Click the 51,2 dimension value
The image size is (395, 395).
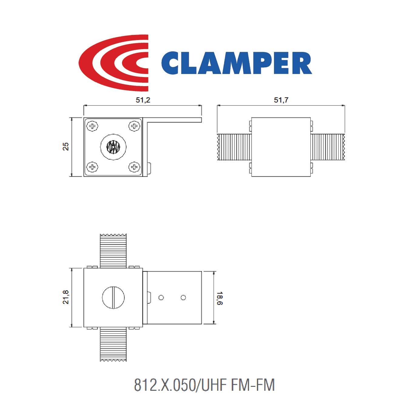143,100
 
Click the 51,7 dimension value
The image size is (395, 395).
281,100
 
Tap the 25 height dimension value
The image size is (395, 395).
66,147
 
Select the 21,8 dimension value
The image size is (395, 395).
66,297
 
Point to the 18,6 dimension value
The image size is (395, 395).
220,298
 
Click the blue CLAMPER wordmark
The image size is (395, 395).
237,63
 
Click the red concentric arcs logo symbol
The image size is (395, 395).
113,63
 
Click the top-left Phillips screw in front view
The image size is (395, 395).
93,126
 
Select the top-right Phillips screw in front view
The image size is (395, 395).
134,126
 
